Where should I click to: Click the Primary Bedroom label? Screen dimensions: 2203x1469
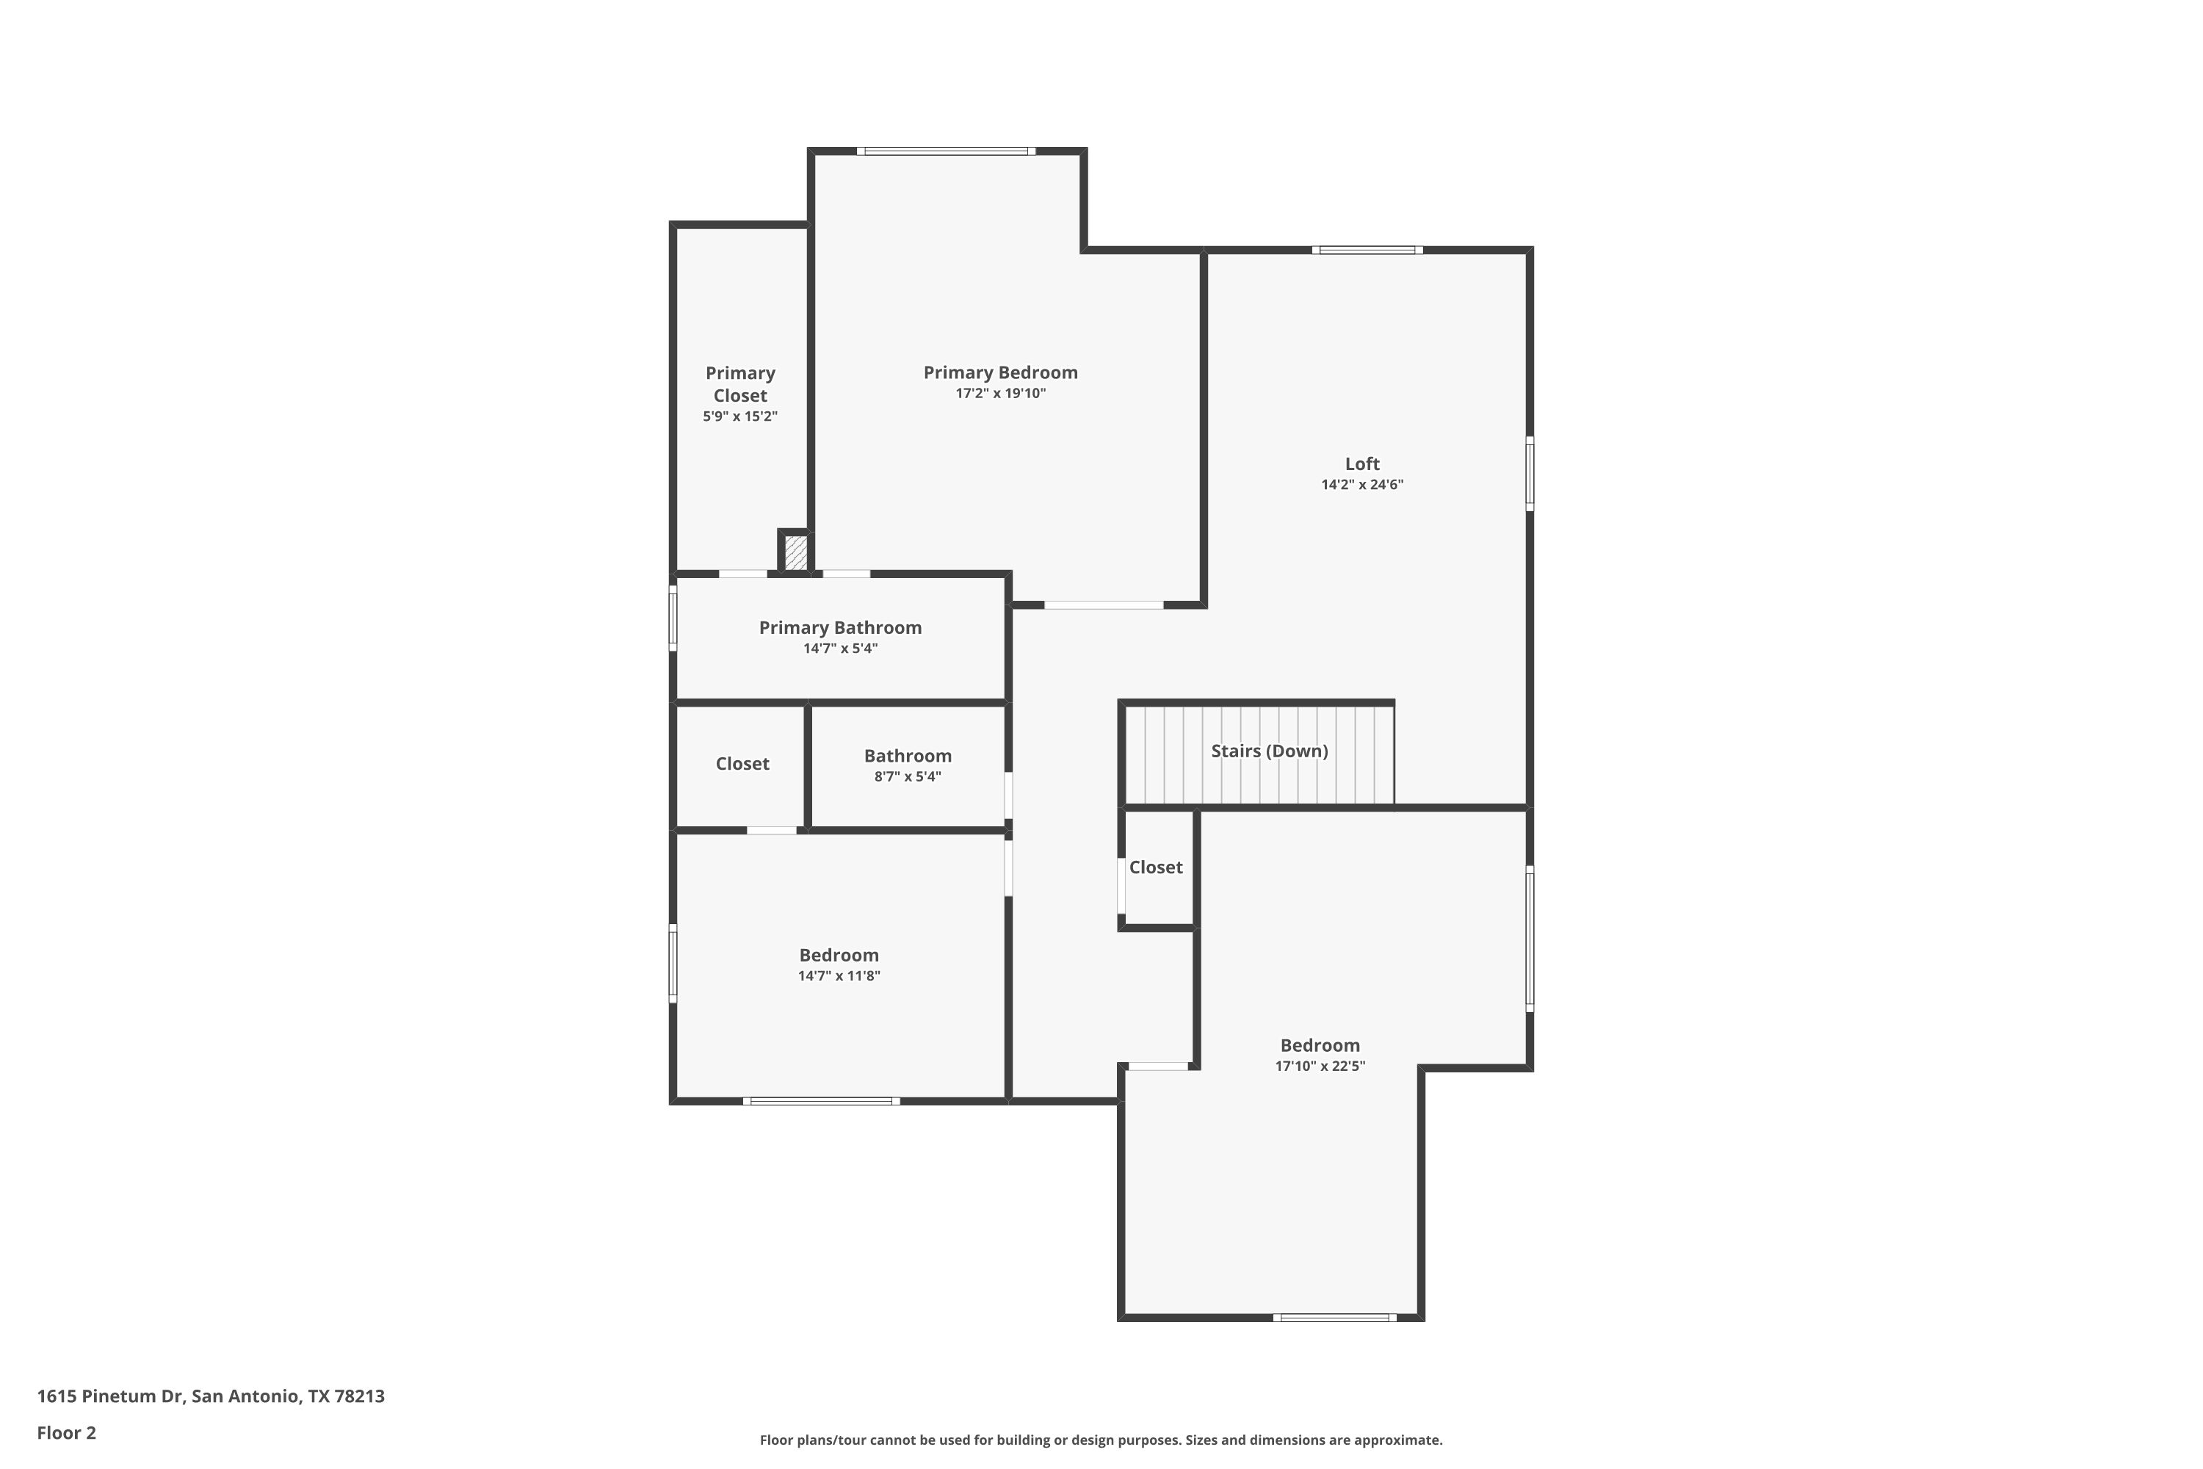[x=1000, y=373]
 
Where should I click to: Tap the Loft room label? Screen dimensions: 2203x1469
[x=1362, y=463]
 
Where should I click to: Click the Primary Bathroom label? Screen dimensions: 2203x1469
[x=840, y=628]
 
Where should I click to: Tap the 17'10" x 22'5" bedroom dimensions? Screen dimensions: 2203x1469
[x=1320, y=1066]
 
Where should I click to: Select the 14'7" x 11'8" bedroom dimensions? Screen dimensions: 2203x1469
[x=839, y=976]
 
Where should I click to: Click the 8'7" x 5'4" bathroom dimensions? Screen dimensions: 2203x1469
[x=908, y=776]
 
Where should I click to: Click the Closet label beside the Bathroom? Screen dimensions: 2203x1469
[x=742, y=764]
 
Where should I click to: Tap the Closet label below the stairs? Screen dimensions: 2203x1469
[x=1156, y=867]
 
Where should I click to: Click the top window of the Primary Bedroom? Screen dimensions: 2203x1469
[x=946, y=151]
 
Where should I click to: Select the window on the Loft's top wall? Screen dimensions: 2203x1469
[x=1367, y=250]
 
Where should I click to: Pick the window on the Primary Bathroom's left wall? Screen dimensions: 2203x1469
[x=673, y=618]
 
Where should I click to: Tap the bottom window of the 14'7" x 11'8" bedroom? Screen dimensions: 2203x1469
[x=822, y=1101]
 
